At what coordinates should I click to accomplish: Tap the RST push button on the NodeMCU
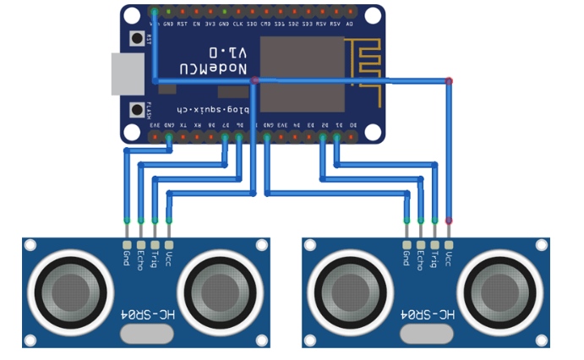135,38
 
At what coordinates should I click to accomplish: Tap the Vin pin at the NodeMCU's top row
156,13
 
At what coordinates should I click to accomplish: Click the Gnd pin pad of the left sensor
127,244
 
